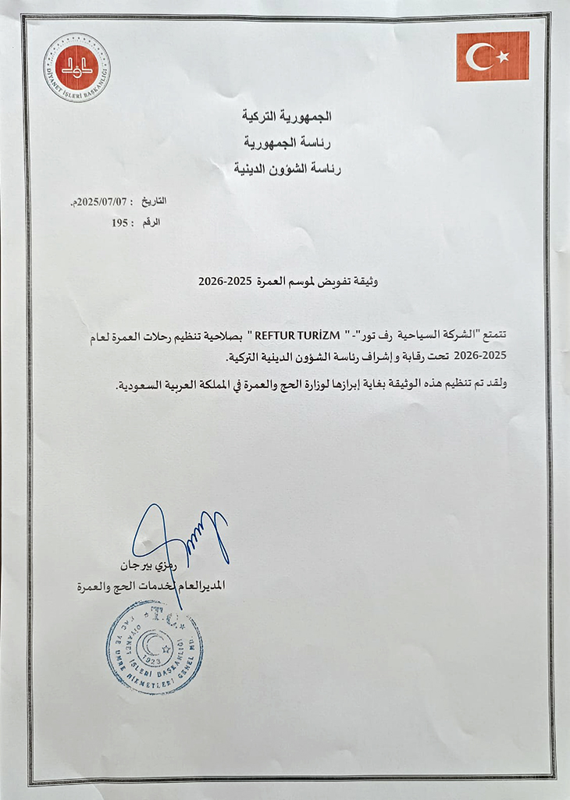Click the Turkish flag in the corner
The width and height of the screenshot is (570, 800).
[493, 56]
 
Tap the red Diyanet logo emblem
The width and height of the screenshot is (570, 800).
[77, 67]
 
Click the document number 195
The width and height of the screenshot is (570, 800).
[119, 222]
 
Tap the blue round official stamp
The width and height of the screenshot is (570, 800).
[154, 647]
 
